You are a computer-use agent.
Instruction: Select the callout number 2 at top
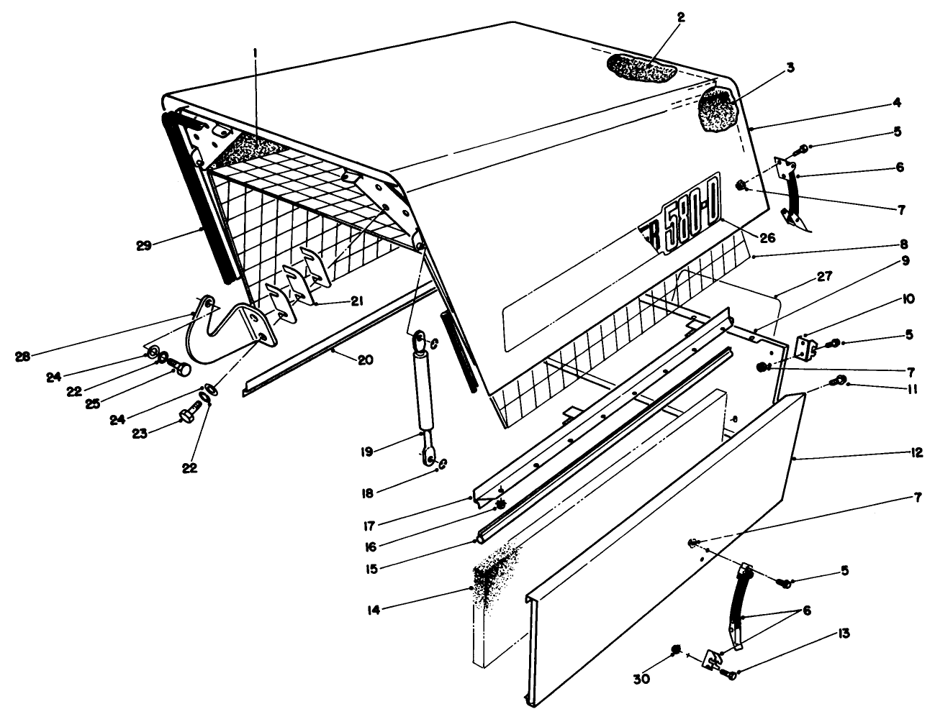click(x=681, y=18)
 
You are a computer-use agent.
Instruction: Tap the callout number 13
click(x=842, y=634)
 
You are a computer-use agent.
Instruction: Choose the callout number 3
click(x=790, y=68)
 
